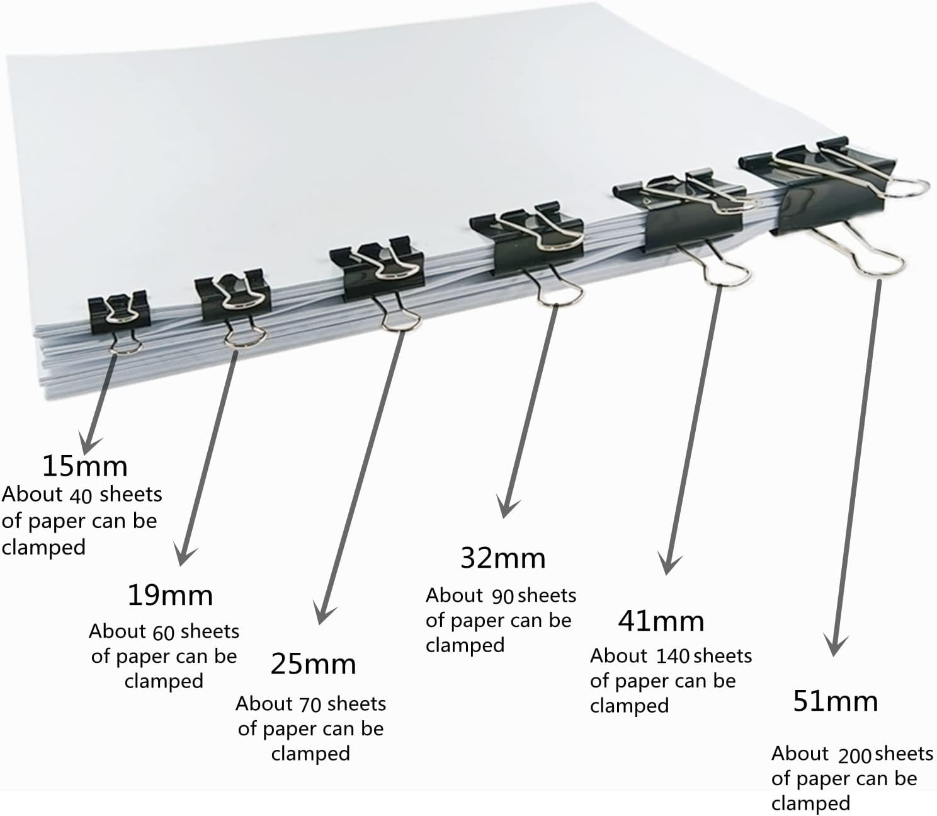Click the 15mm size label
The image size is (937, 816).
85,466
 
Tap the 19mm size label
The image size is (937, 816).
170,595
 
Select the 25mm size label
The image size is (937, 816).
313,664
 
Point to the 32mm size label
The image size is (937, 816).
503,558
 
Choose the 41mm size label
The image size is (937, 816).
661,621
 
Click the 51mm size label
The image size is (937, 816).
836,701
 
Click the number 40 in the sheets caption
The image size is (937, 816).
81,496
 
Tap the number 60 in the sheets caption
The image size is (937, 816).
164,633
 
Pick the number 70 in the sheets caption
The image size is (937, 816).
310,705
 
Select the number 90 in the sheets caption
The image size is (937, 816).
503,597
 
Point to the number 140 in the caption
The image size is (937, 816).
673,657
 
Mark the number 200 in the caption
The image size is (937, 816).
855,756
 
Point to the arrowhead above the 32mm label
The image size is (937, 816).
506,507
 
